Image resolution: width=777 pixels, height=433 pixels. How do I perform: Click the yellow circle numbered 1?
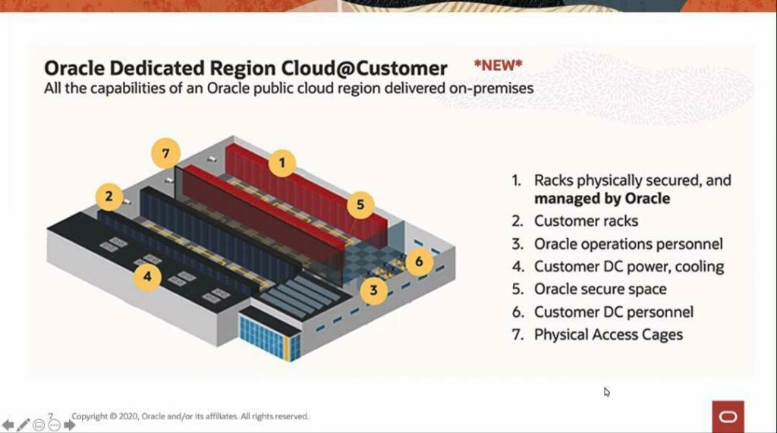click(x=282, y=162)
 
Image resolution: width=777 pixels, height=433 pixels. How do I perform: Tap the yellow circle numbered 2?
click(x=109, y=197)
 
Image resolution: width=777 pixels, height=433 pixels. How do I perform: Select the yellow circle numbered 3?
click(x=373, y=288)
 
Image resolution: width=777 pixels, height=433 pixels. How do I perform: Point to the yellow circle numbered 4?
click(x=147, y=276)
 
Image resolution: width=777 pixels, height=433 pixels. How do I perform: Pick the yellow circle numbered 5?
click(x=360, y=204)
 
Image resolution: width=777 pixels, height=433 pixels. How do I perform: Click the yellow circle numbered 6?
click(x=419, y=262)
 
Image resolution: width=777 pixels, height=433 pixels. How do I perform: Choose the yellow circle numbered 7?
click(x=165, y=153)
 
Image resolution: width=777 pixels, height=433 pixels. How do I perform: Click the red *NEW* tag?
click(x=499, y=65)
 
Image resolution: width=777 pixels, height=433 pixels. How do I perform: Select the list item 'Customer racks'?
click(x=586, y=221)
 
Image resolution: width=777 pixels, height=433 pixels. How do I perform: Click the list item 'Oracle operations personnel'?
click(x=628, y=243)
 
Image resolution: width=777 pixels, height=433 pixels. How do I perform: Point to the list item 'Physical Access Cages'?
click(x=608, y=334)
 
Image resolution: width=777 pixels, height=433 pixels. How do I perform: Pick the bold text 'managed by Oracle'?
click(x=602, y=199)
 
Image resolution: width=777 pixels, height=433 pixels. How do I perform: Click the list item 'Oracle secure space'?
click(x=600, y=289)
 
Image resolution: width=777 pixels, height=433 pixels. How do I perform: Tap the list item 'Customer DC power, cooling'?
click(x=628, y=266)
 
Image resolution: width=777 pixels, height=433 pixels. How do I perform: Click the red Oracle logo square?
click(x=728, y=416)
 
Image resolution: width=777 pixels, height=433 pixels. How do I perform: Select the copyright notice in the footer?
click(x=190, y=416)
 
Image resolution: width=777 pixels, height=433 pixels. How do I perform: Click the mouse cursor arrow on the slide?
click(x=606, y=391)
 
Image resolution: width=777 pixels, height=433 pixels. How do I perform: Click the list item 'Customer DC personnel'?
click(x=613, y=312)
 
